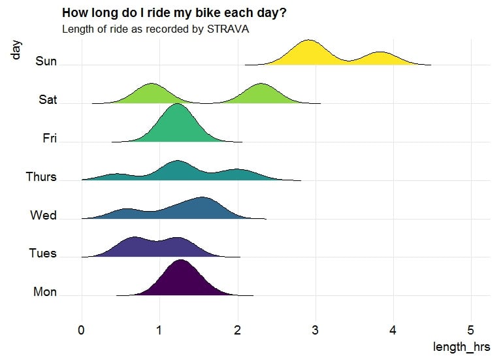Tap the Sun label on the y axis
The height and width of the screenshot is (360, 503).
coord(46,61)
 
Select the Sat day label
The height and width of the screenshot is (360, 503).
coord(47,100)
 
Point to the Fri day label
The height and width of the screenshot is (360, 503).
coord(50,139)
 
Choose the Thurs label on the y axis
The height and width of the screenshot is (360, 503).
coord(41,177)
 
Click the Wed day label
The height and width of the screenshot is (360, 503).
coord(44,216)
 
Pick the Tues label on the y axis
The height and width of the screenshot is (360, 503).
coord(43,254)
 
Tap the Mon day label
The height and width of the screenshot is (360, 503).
coord(45,292)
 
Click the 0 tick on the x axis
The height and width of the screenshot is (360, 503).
coord(81,330)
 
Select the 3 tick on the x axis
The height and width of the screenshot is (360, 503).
coord(315,330)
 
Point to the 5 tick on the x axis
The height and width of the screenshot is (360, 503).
coord(471,330)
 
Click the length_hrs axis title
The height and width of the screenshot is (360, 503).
coord(461,347)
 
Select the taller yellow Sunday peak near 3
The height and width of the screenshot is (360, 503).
coord(307,52)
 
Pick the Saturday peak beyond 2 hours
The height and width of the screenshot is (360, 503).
coord(261,93)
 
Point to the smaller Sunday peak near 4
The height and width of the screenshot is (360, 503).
coord(381,58)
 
